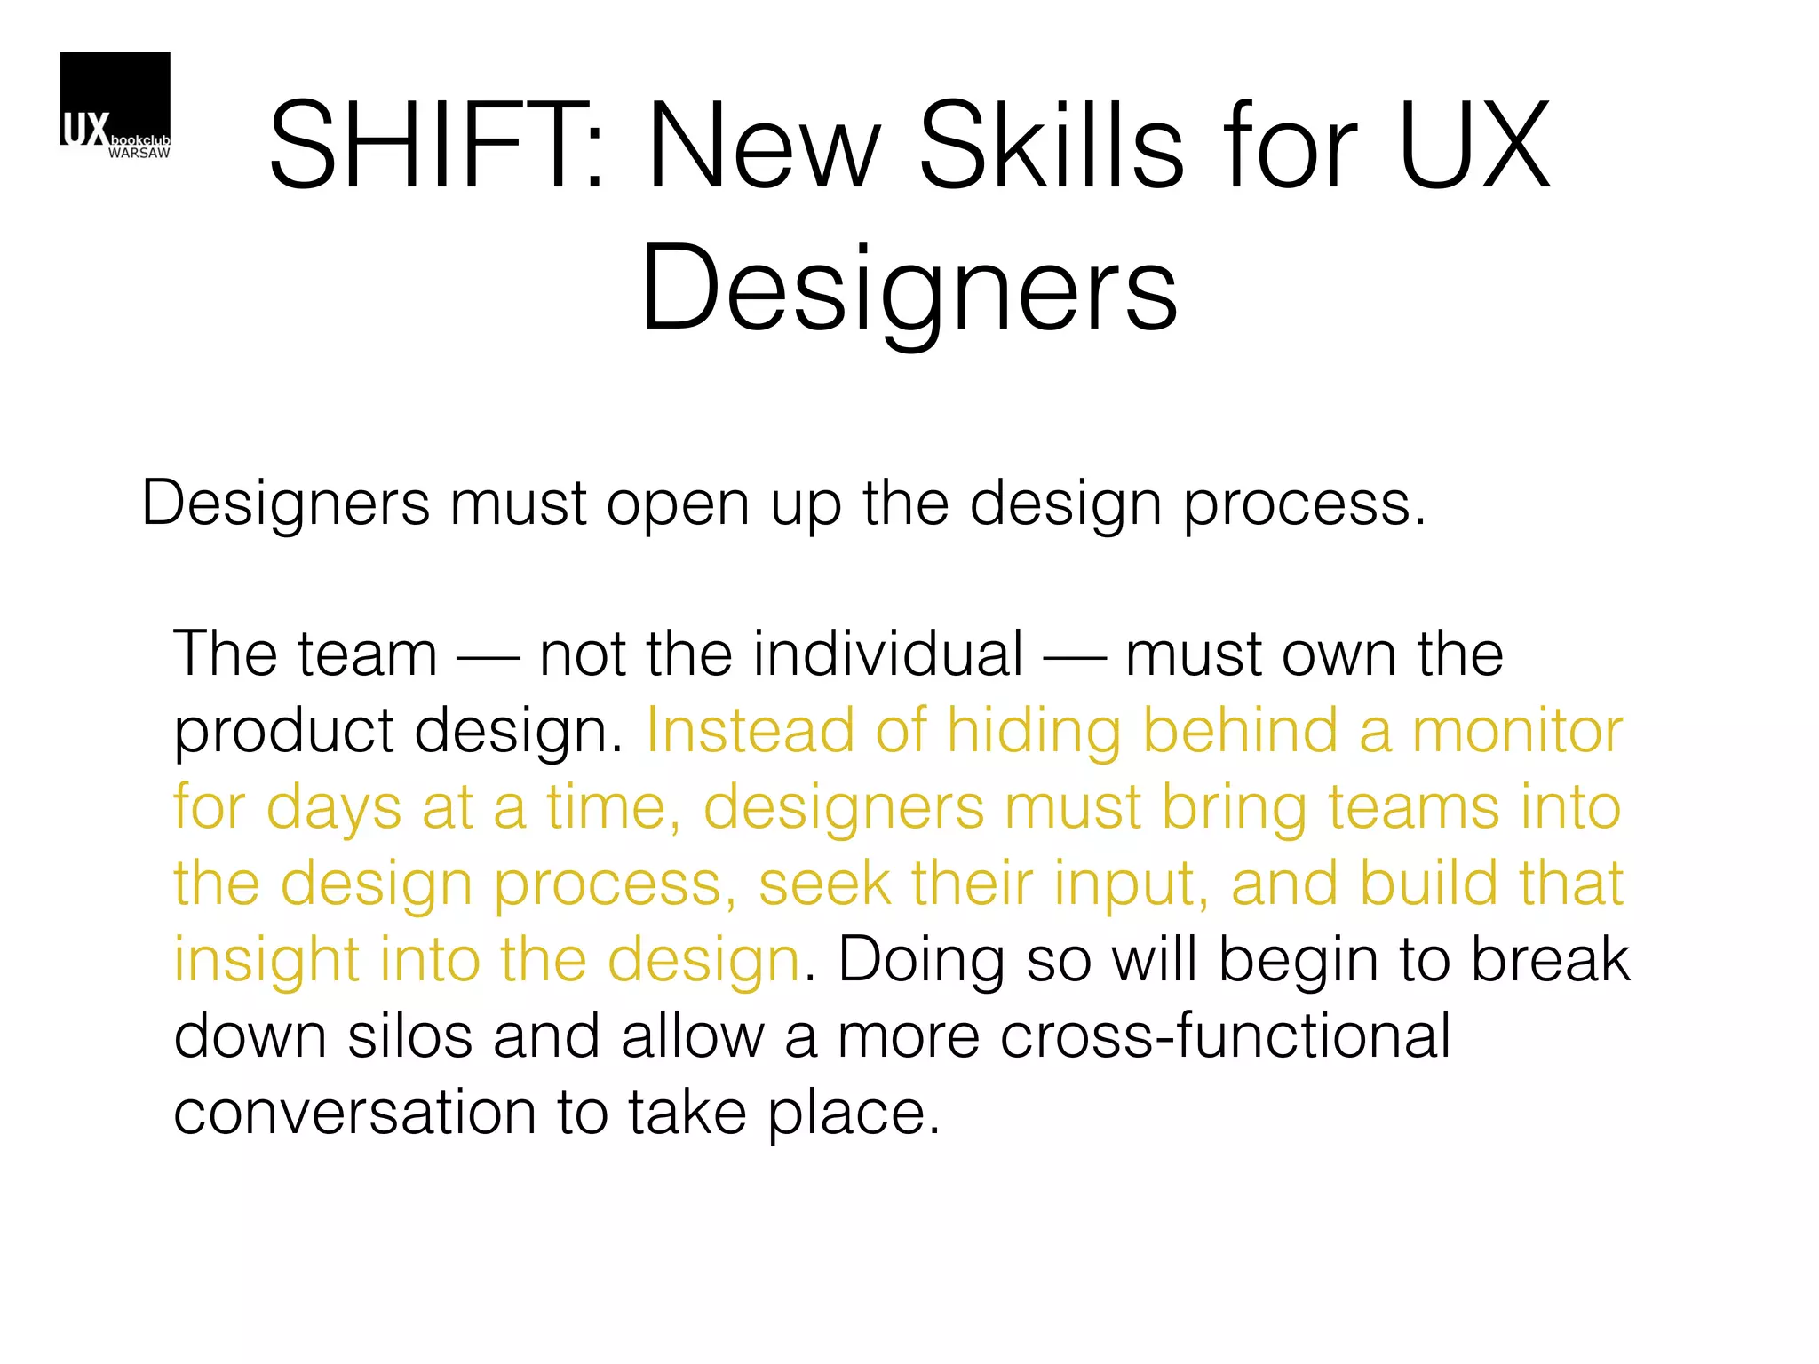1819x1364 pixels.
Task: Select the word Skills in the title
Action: pyautogui.click(x=1051, y=147)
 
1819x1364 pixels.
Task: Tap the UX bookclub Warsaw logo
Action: pyautogui.click(x=115, y=106)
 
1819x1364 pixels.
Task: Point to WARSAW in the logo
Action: pyautogui.click(x=139, y=154)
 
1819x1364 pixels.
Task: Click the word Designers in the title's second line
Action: pyautogui.click(x=909, y=289)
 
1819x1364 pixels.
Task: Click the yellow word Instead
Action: pyautogui.click(x=751, y=731)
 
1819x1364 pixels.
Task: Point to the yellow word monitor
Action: pyautogui.click(x=1517, y=731)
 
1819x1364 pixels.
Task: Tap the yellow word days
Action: pyautogui.click(x=334, y=809)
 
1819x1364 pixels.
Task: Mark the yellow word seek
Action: pyautogui.click(x=824, y=884)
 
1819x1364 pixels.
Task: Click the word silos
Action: pyautogui.click(x=409, y=1036)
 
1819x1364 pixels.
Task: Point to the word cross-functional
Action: pyautogui.click(x=1225, y=1036)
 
